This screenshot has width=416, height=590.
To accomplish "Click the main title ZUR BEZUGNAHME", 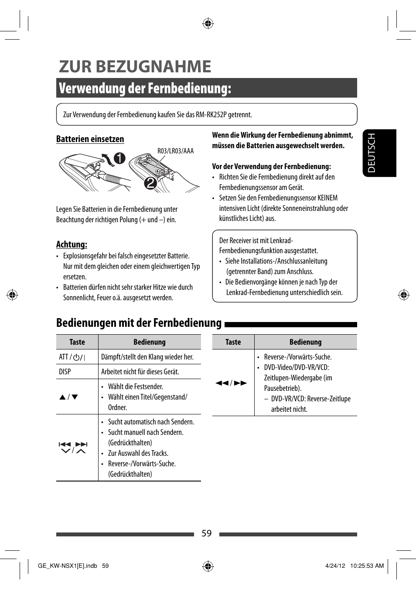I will point(135,67).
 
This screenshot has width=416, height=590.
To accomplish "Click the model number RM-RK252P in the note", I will point(211,115).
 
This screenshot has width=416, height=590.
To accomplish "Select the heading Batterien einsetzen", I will point(90,139).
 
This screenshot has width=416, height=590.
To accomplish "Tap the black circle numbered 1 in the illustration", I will point(119,158).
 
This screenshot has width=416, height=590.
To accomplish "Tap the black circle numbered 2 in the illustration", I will point(150,183).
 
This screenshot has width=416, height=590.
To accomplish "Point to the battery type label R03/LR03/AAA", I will point(175,151).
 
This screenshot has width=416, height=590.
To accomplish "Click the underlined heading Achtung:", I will point(72,244).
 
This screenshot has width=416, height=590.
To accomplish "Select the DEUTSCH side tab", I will point(372,153).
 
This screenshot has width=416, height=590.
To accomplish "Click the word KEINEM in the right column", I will point(327,198).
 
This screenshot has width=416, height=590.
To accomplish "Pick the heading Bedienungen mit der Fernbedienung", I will point(139,323).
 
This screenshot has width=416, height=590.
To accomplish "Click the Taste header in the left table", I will point(77,342).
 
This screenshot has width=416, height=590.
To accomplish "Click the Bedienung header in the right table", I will point(305,342).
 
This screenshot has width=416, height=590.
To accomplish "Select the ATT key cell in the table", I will point(72,357).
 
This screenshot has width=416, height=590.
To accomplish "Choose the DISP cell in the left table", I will point(65,372).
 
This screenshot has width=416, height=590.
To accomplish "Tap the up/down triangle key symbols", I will point(69,397).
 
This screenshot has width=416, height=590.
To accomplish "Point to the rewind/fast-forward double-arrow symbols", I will point(231,383).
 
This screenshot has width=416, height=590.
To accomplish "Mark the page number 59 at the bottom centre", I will point(207,533).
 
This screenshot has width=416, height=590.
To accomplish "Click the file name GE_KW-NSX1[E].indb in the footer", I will point(68,566).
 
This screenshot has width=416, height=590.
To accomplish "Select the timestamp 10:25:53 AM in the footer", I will point(367,566).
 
